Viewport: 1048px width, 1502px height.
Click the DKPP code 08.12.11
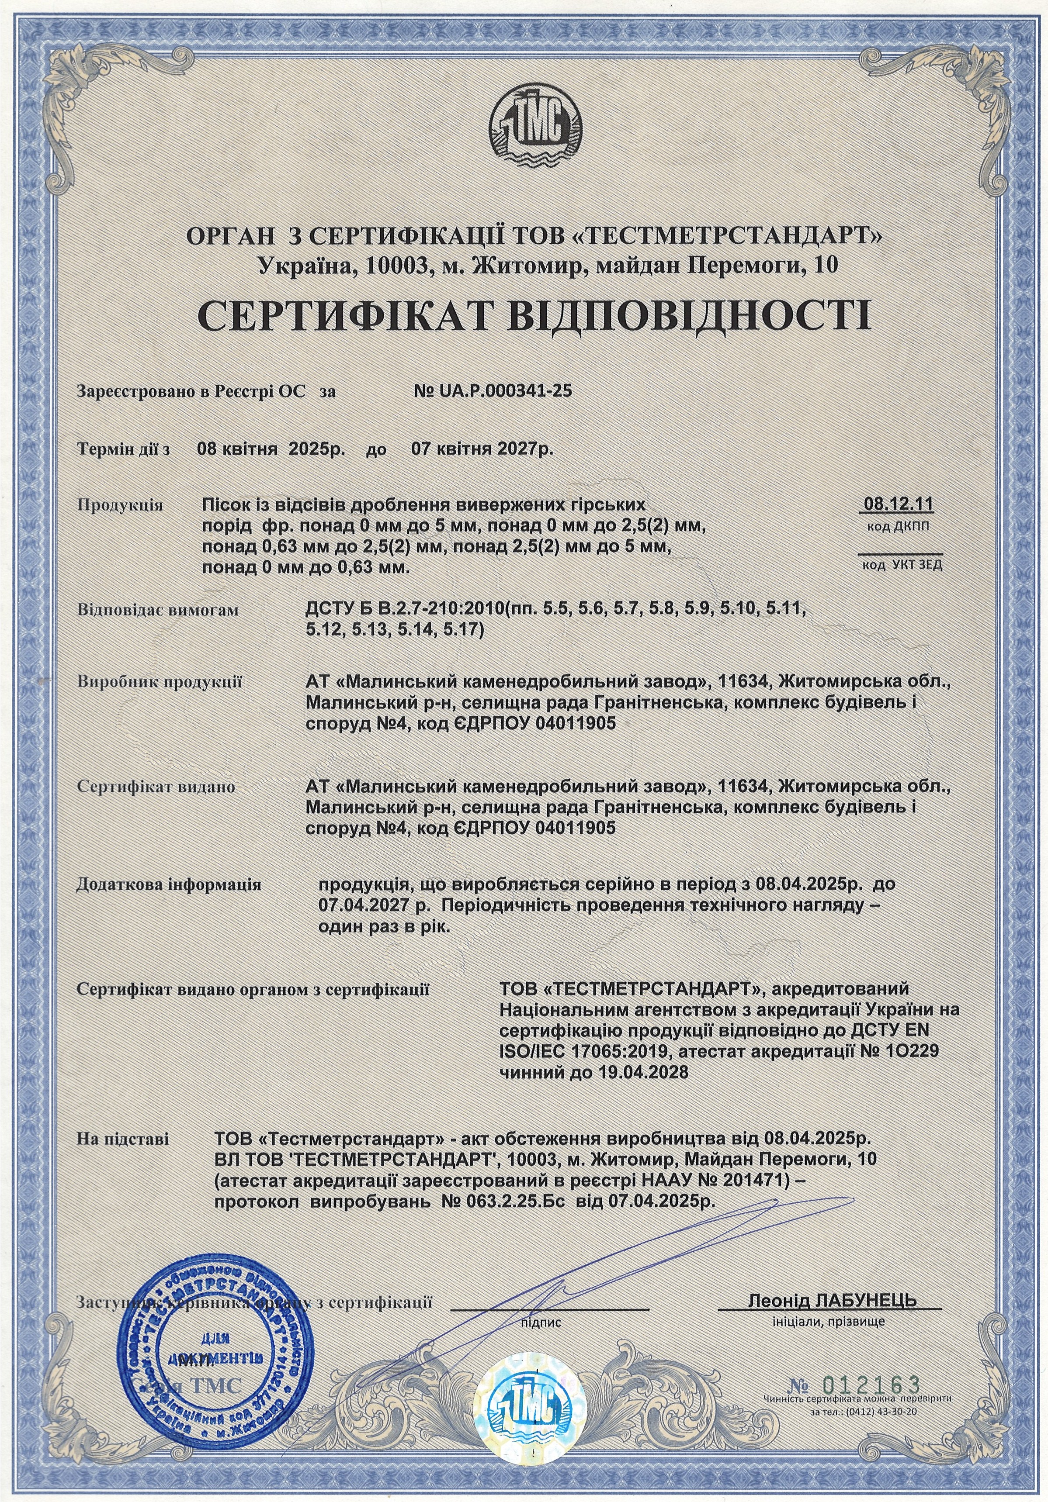click(x=899, y=504)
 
